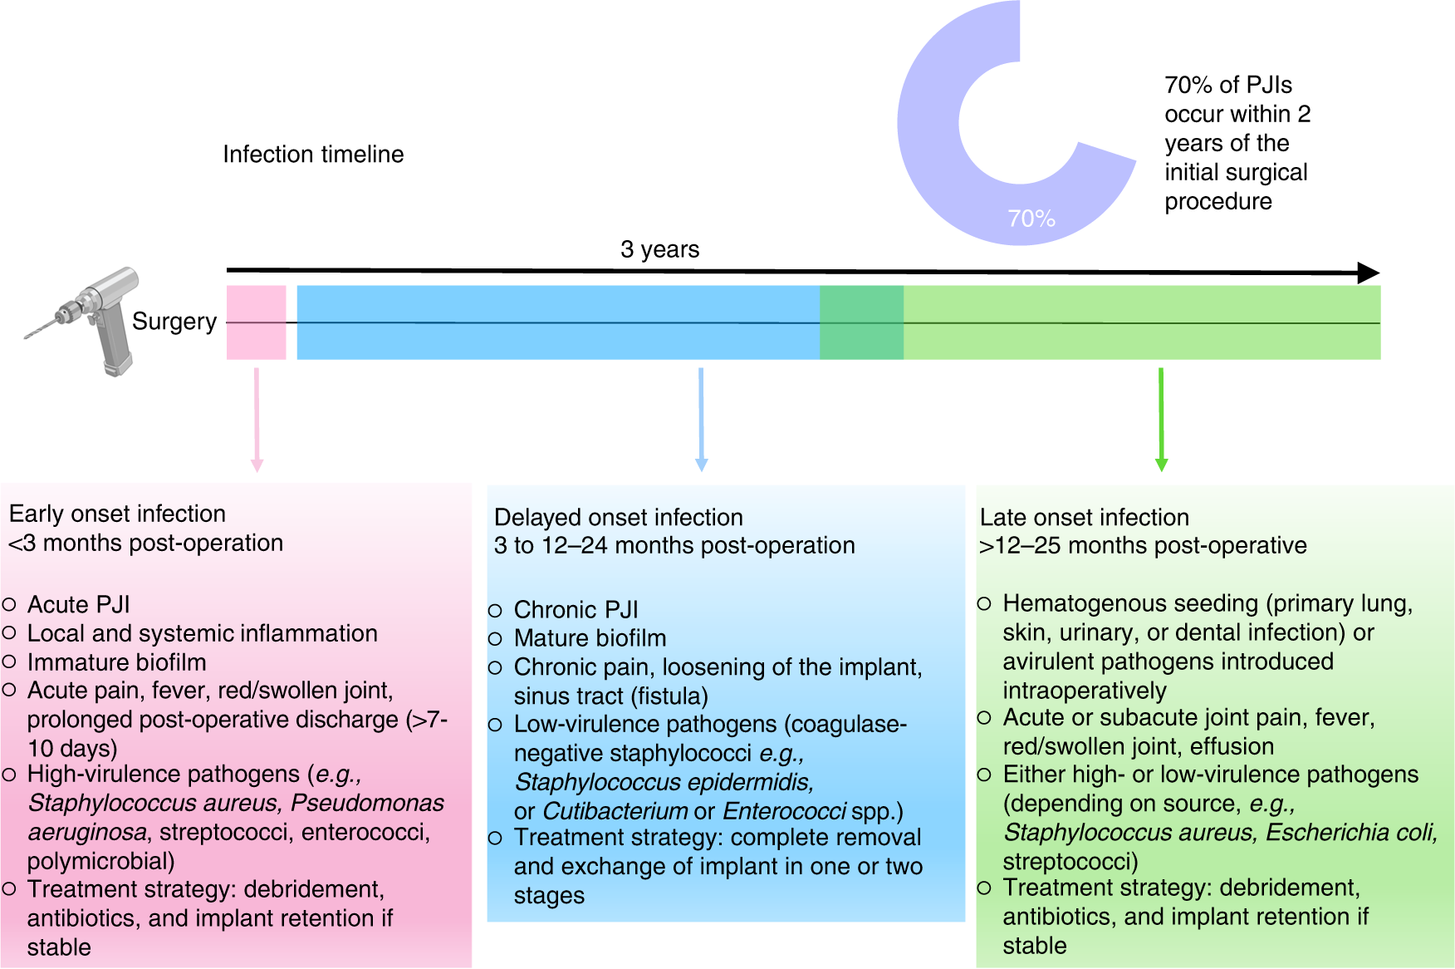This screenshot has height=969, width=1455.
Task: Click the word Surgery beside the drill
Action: (174, 322)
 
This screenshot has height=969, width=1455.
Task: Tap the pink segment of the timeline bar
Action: (256, 322)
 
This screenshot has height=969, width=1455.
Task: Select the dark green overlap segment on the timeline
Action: (861, 322)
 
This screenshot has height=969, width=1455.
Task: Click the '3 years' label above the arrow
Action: (659, 249)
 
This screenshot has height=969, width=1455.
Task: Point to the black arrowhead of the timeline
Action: (1368, 273)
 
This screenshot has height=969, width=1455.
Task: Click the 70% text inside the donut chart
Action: (1031, 219)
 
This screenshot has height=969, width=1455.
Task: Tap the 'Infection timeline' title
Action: (313, 155)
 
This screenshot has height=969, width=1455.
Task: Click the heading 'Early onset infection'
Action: (117, 514)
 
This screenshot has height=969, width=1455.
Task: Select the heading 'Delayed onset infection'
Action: (618, 517)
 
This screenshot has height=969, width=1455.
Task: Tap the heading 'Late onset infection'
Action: (1084, 517)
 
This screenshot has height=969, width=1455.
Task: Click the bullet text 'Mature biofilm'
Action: (590, 638)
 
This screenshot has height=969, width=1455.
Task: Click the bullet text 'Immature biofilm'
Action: (116, 662)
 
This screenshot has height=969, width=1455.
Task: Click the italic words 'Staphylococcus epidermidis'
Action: (664, 782)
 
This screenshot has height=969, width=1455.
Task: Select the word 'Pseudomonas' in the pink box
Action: (367, 803)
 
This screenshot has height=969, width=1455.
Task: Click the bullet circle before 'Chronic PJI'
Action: (495, 611)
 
